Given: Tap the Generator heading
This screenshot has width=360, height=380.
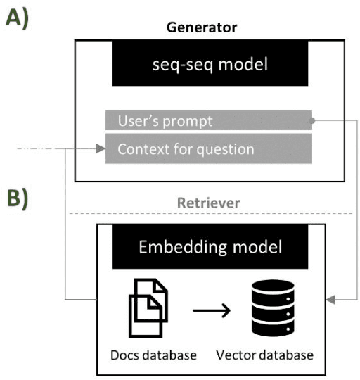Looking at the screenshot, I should click(x=201, y=27).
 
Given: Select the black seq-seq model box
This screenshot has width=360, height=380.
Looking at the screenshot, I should click(x=210, y=68).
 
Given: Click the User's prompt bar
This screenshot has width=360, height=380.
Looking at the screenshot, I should click(x=208, y=121).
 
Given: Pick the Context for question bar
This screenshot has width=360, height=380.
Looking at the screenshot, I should click(x=208, y=149).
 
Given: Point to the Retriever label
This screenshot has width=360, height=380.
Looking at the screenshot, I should click(x=210, y=203).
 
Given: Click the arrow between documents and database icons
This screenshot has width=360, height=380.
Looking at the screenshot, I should click(x=211, y=310).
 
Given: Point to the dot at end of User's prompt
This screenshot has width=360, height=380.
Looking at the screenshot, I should click(x=311, y=121).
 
